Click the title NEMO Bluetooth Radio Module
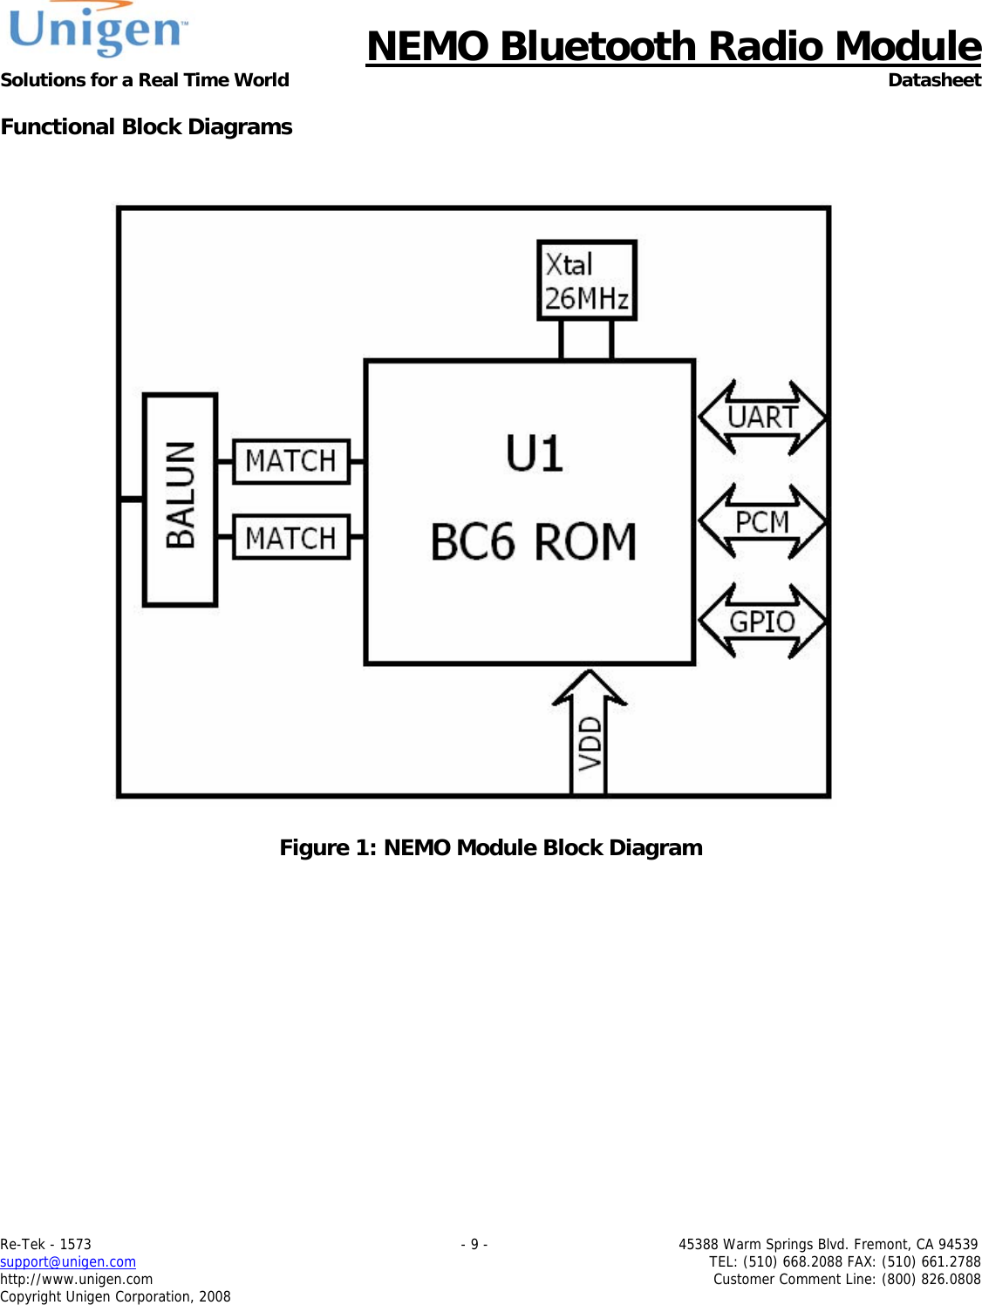pyautogui.click(x=673, y=46)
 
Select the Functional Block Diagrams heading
pyautogui.click(x=147, y=127)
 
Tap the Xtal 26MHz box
pyautogui.click(x=586, y=281)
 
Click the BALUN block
pyautogui.click(x=181, y=499)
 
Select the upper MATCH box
pyautogui.click(x=291, y=461)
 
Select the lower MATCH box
pyautogui.click(x=291, y=538)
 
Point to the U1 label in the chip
pyautogui.click(x=534, y=454)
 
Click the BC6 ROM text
pyautogui.click(x=533, y=541)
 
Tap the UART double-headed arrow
pyautogui.click(x=762, y=418)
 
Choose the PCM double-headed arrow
pyautogui.click(x=762, y=522)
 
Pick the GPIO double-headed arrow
pyautogui.click(x=762, y=622)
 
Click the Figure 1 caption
pyautogui.click(x=491, y=847)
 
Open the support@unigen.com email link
pyautogui.click(x=68, y=1261)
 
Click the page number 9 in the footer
pyautogui.click(x=474, y=1244)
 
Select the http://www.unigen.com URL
pyautogui.click(x=77, y=1279)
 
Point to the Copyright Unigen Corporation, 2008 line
pyautogui.click(x=115, y=1296)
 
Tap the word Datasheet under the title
pyautogui.click(x=934, y=80)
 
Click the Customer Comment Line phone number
pyautogui.click(x=930, y=1279)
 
